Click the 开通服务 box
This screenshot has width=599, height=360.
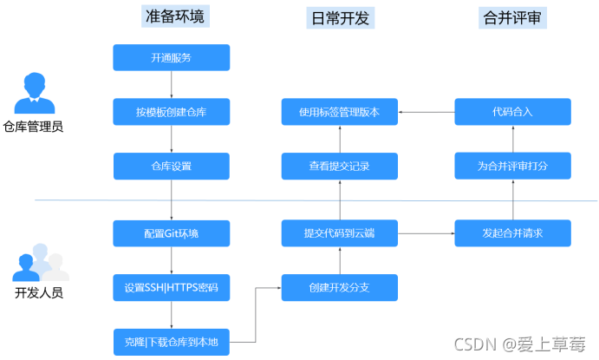click(171, 58)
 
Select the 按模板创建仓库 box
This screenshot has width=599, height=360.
click(171, 112)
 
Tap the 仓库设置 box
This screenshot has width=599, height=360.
click(171, 166)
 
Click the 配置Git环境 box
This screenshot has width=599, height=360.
click(171, 232)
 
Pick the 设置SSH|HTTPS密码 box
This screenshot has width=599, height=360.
click(171, 287)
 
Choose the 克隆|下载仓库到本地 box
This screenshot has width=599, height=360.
click(171, 342)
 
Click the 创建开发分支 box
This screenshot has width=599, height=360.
click(339, 287)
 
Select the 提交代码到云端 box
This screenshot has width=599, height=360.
click(339, 232)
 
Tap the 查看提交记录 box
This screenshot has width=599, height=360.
click(339, 166)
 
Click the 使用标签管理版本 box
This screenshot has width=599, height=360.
click(339, 112)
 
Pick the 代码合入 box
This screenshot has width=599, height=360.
click(512, 112)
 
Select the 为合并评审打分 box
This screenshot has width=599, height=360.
click(512, 166)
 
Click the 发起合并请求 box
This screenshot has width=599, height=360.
click(512, 232)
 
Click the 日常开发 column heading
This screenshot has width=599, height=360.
click(339, 18)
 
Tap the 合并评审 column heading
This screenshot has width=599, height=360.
click(512, 16)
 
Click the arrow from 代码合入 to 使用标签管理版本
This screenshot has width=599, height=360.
click(426, 112)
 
